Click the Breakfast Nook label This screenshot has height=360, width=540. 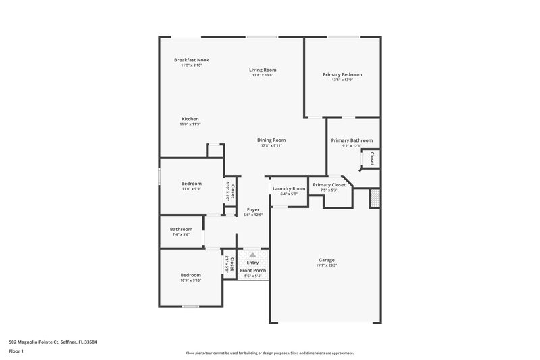click(191, 60)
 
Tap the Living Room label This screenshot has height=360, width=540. click(263, 70)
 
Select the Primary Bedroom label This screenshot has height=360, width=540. click(342, 74)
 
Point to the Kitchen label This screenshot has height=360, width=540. click(190, 119)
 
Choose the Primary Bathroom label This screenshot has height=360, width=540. click(352, 140)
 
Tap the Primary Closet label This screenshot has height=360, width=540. click(329, 184)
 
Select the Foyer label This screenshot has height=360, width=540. click(252, 209)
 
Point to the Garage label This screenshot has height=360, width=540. click(327, 260)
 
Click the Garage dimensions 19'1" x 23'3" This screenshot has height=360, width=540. click(327, 265)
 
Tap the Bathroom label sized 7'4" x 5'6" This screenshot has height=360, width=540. click(181, 229)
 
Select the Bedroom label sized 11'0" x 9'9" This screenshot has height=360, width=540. click(191, 184)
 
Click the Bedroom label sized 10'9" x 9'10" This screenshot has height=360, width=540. click(190, 275)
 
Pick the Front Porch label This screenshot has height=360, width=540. click(253, 271)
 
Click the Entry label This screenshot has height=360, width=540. click(252, 263)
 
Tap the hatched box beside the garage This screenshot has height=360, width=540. click(375, 199)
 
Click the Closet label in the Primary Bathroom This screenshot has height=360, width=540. click(371, 159)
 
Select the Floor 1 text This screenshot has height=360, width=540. click(17, 352)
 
